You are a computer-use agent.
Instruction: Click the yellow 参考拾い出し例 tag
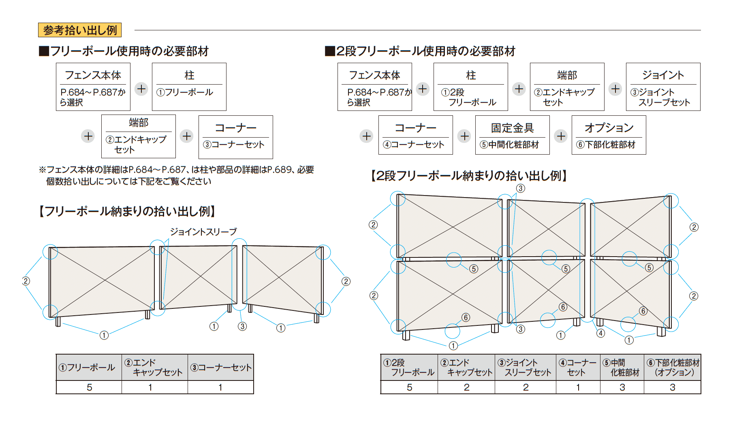pyautogui.click(x=80, y=30)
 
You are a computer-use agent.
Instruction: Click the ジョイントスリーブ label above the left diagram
pyautogui.click(x=203, y=232)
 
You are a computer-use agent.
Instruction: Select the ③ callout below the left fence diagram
pyautogui.click(x=242, y=326)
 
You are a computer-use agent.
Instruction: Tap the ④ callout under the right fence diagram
pyautogui.click(x=600, y=333)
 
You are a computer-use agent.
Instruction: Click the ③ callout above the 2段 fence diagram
pyautogui.click(x=521, y=188)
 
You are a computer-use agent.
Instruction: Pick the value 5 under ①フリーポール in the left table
pyautogui.click(x=89, y=387)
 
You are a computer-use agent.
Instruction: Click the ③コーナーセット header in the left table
pyautogui.click(x=221, y=368)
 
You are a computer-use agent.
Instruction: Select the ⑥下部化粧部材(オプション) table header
pyautogui.click(x=673, y=368)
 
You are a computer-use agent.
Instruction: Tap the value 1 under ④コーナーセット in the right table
pyautogui.click(x=578, y=387)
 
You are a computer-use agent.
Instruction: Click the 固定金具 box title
pyautogui.click(x=512, y=128)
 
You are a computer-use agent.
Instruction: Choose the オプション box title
pyautogui.click(x=609, y=128)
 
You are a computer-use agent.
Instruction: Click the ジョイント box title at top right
pyautogui.click(x=663, y=75)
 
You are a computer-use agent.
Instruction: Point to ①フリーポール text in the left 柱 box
pyautogui.click(x=185, y=92)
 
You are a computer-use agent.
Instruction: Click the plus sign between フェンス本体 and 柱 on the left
pyautogui.click(x=141, y=89)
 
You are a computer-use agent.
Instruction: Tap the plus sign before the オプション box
pyautogui.click(x=561, y=136)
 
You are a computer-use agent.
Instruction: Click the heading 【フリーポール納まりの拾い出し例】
pyautogui.click(x=127, y=211)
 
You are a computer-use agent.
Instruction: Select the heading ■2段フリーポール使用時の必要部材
pyautogui.click(x=420, y=51)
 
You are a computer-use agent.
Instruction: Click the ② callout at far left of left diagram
pyautogui.click(x=26, y=281)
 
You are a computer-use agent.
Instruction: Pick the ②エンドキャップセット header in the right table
pyautogui.click(x=466, y=368)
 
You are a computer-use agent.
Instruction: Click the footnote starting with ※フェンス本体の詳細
pyautogui.click(x=176, y=175)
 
